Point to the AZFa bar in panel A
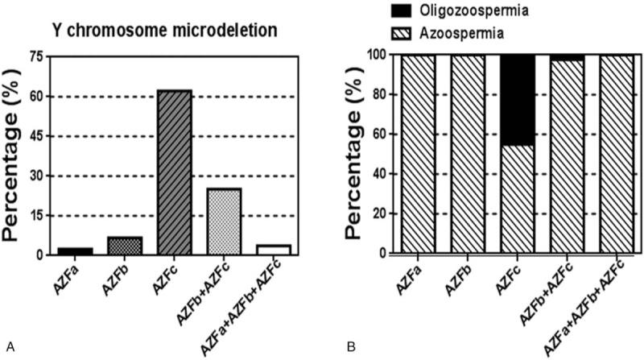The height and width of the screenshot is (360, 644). pos(76,250)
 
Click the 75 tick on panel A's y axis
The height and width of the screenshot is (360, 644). pos(35,56)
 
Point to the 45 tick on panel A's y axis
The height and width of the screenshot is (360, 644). pos(35,136)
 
